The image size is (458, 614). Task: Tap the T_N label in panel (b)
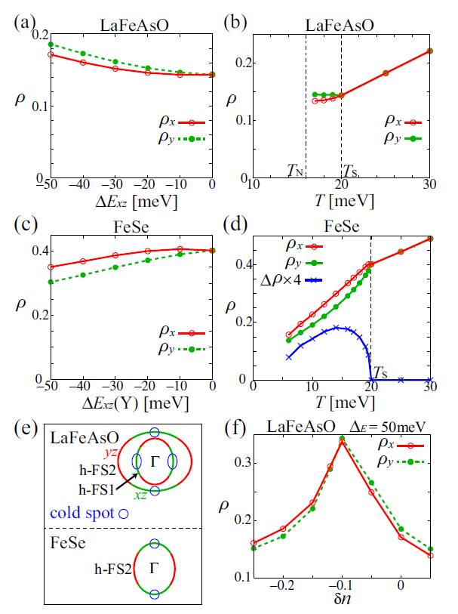(x=295, y=170)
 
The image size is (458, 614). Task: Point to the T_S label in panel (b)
(x=351, y=170)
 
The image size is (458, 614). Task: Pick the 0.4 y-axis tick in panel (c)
(x=35, y=251)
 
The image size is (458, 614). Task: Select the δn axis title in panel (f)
(x=342, y=598)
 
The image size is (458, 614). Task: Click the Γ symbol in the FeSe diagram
(x=154, y=566)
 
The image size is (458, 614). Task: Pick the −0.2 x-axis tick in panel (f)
(x=282, y=586)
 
